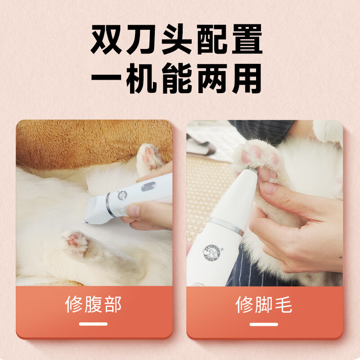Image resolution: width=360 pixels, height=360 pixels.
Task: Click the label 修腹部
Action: click(x=94, y=305)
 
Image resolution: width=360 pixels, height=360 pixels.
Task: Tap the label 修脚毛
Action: click(x=264, y=305)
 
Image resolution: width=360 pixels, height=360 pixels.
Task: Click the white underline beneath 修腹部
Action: click(x=94, y=324)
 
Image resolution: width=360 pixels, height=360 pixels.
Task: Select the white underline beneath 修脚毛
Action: click(x=264, y=324)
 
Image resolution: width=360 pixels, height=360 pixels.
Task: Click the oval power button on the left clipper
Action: click(x=148, y=186)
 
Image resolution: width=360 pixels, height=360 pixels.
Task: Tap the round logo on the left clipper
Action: click(x=122, y=196)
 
